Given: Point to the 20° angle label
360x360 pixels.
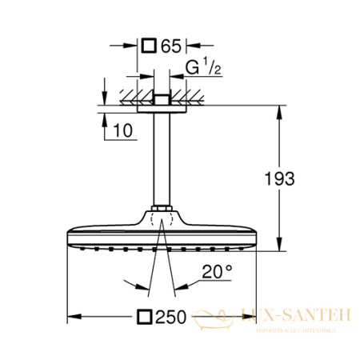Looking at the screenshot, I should [x=216, y=273].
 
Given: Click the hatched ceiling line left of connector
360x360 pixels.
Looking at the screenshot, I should [x=128, y=99].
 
